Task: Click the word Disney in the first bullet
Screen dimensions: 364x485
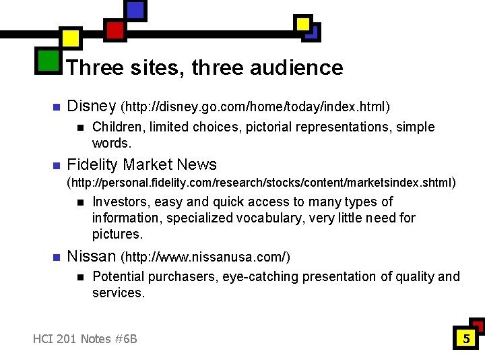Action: (x=92, y=107)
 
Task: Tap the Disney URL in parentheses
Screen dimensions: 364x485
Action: (x=255, y=107)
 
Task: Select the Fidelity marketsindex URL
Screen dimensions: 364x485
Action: (x=262, y=182)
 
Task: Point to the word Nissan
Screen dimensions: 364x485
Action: (x=92, y=257)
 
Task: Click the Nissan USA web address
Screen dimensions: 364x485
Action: (x=205, y=257)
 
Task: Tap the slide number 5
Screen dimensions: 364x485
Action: (x=465, y=338)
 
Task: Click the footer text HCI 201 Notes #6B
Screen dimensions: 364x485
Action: (x=85, y=338)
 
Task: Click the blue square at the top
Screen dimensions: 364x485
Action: (x=135, y=10)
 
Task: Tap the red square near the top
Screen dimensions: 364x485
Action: (x=115, y=30)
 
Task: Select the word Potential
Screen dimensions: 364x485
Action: (x=119, y=276)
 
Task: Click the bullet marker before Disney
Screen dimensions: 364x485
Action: (x=56, y=107)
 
